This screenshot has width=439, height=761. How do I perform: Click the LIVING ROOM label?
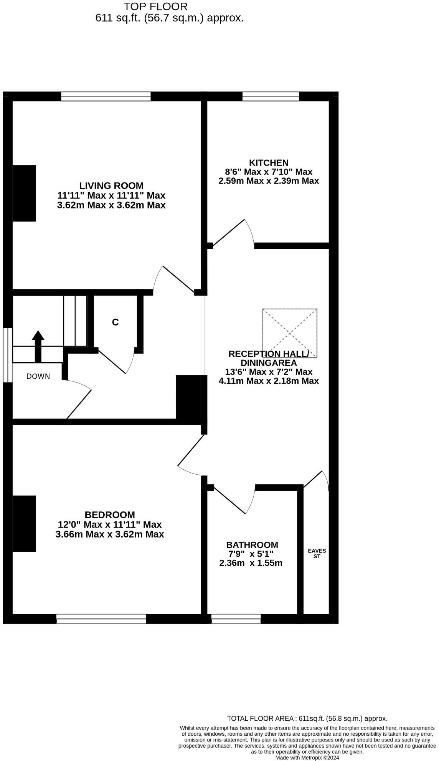[x=111, y=186]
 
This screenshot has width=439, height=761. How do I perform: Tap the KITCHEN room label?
[x=269, y=163]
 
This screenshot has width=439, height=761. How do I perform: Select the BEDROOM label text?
[x=110, y=515]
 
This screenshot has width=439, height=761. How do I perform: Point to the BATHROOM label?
[x=252, y=545]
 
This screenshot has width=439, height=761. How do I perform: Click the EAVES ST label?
[x=317, y=554]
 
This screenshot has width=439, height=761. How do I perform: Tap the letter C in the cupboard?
[x=115, y=322]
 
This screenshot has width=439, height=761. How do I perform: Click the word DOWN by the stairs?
[x=38, y=376]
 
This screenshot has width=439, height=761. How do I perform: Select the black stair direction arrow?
[x=38, y=346]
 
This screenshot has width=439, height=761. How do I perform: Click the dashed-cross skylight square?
[x=290, y=333]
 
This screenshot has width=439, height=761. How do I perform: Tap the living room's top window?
[x=106, y=96]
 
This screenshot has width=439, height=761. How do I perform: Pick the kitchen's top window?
[x=271, y=96]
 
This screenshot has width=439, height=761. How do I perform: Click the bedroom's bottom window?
[x=101, y=619]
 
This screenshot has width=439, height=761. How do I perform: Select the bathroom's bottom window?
[x=236, y=619]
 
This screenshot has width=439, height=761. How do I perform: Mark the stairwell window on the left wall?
[x=8, y=355]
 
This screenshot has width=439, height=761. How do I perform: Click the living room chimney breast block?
[x=24, y=193]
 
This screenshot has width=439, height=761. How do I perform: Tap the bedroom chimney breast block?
[x=24, y=524]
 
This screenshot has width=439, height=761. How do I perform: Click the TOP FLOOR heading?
[x=155, y=7]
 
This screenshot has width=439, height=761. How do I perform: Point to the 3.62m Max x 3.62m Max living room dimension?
[x=111, y=205]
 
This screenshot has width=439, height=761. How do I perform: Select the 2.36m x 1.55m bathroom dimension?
[x=251, y=563]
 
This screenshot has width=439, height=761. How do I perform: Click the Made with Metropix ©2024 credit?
[x=307, y=758]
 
